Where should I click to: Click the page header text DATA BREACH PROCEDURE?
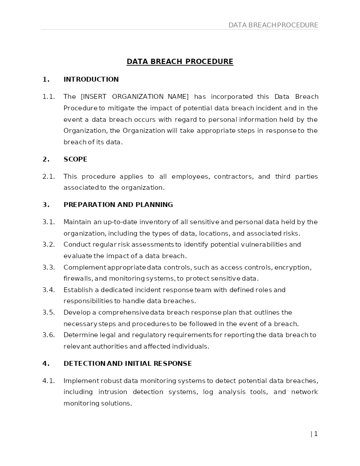[273, 25]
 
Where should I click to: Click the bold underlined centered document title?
[180, 61]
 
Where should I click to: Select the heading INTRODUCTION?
[91, 79]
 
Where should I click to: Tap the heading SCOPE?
[75, 159]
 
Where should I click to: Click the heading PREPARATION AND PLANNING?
[118, 205]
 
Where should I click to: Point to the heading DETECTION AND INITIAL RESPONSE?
[127, 364]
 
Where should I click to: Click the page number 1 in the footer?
[315, 434]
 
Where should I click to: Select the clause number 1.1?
[49, 97]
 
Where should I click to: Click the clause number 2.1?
[49, 177]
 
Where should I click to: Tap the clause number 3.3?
[49, 267]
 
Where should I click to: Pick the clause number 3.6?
[49, 335]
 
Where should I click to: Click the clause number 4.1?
[49, 381]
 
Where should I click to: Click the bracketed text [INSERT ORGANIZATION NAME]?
[135, 97]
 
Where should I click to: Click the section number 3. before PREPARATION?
[46, 205]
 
